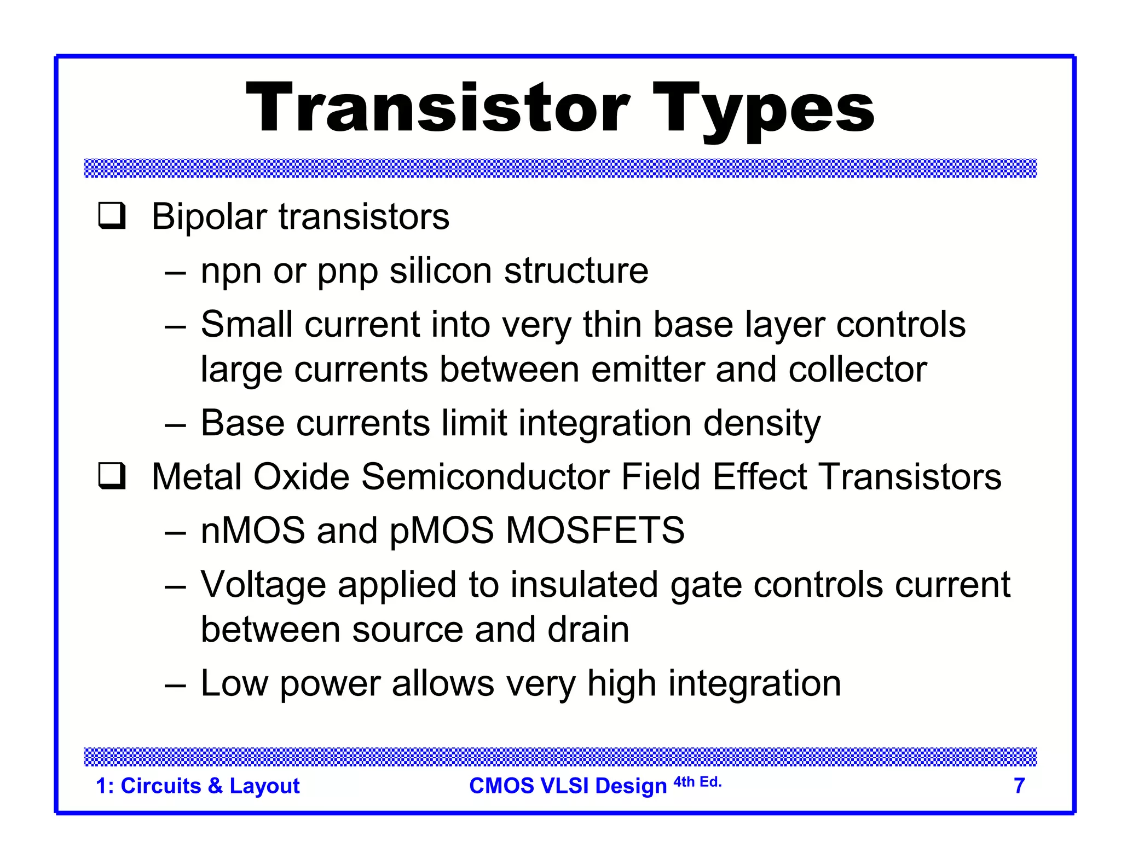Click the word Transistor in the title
pyautogui.click(x=438, y=107)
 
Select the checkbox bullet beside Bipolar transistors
pyautogui.click(x=112, y=216)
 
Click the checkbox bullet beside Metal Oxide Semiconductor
pyautogui.click(x=112, y=476)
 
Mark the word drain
pyautogui.click(x=588, y=630)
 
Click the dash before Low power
pyautogui.click(x=175, y=684)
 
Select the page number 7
pyautogui.click(x=1019, y=786)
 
